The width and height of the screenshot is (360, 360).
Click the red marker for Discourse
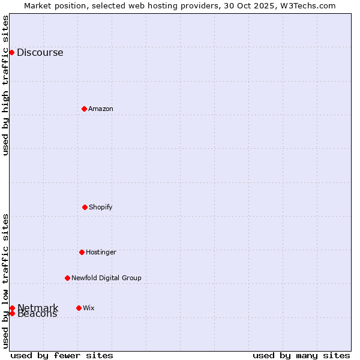pos(11,52)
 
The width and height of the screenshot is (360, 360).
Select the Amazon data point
pos(84,109)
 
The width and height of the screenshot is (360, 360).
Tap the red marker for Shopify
pos(85,207)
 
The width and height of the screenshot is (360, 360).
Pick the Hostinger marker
pos(82,252)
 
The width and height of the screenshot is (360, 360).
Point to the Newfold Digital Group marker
pos(67,278)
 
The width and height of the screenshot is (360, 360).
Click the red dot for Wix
pos(79,308)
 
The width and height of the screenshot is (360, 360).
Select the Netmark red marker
pos(12,308)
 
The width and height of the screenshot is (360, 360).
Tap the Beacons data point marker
pos(12,313)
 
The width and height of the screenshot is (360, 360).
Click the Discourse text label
pos(40,52)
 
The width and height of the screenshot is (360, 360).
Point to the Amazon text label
pos(100,109)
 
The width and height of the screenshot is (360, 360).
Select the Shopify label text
pos(100,207)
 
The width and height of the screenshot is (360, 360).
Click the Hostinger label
pos(101,252)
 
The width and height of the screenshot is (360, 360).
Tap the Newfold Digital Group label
pos(106,278)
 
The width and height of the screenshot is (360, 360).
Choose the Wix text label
pos(88,308)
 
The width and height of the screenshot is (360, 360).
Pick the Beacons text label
pos(37,314)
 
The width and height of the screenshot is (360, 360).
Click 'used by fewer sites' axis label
pos(62,355)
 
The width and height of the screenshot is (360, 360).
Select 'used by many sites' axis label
pos(301,355)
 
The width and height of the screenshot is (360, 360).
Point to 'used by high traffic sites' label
pos(6,85)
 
